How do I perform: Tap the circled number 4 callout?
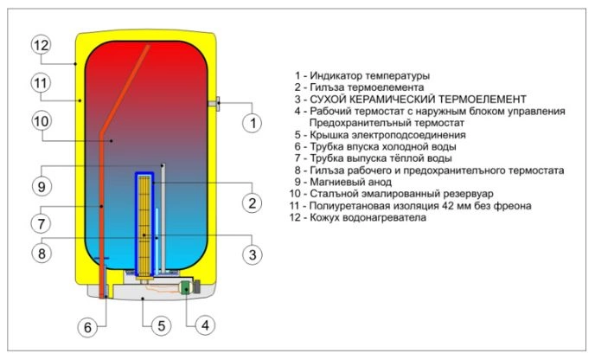tap(202, 327)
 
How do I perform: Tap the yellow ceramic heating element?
tap(144, 222)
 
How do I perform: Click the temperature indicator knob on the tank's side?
tap(214, 104)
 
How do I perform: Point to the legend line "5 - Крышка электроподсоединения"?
tap(380, 135)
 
